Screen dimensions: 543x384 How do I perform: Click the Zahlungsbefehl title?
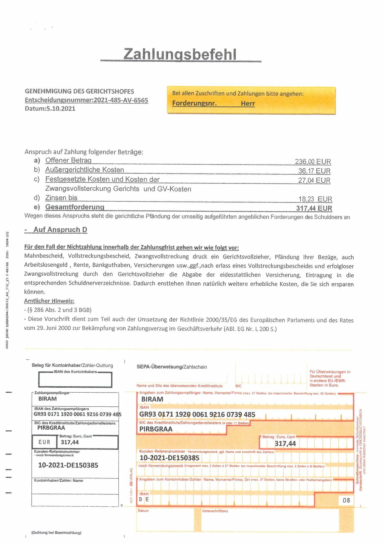point(180,54)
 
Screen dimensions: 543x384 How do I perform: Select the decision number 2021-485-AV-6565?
point(121,100)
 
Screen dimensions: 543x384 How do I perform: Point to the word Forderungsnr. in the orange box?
point(194,103)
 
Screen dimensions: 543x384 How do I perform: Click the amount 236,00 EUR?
point(313,162)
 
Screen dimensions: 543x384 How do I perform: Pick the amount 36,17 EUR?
point(314,171)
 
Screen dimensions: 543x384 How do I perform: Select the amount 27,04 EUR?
point(314,180)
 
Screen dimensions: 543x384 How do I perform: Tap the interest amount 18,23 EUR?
point(315,199)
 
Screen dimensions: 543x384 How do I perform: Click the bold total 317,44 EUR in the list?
point(314,208)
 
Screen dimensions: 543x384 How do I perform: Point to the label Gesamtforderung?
point(75,207)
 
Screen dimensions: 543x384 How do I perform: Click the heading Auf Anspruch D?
point(60,230)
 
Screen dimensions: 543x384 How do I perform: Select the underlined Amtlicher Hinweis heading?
point(49,301)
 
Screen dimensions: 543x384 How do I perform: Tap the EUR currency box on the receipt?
point(45,442)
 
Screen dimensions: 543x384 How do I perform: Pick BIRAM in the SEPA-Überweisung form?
point(152,399)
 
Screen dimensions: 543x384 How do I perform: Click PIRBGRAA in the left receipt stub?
point(51,428)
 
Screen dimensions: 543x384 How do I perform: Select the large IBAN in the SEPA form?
point(197,415)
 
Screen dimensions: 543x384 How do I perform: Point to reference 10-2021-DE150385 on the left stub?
point(68,465)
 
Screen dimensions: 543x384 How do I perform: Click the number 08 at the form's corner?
point(346,500)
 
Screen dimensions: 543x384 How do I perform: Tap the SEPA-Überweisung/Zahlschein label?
point(172,367)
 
